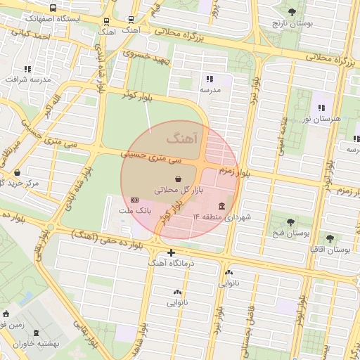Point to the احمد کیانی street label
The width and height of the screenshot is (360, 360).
(x=25, y=35)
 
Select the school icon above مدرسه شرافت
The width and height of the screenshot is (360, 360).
(x=27, y=69)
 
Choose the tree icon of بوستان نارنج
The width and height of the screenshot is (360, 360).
(x=292, y=12)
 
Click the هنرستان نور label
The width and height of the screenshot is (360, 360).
(x=323, y=119)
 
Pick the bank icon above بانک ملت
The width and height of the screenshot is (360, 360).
(x=134, y=200)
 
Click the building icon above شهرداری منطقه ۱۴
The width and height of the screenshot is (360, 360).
(x=222, y=206)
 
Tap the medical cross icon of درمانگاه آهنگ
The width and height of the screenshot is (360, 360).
(x=171, y=252)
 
